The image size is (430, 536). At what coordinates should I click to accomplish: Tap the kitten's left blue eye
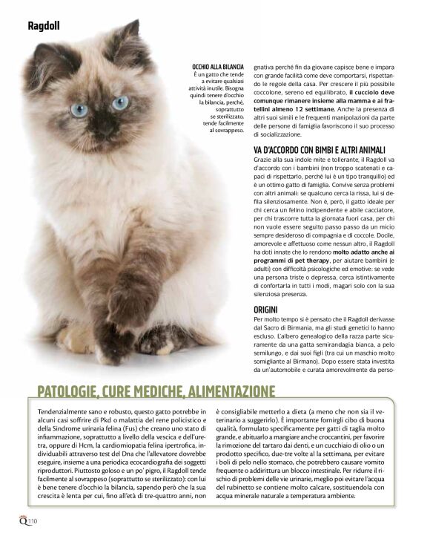79,109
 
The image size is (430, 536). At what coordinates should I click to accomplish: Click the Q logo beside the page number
24,520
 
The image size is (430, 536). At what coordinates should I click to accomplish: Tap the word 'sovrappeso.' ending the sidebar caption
228,129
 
